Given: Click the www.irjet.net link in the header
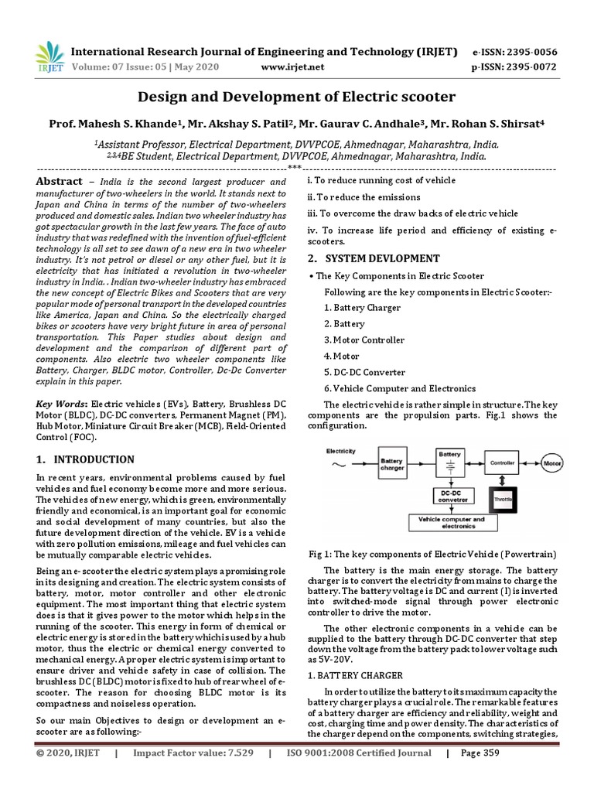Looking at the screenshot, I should pos(292,67).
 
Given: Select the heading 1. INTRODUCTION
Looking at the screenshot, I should pos(85,459).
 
